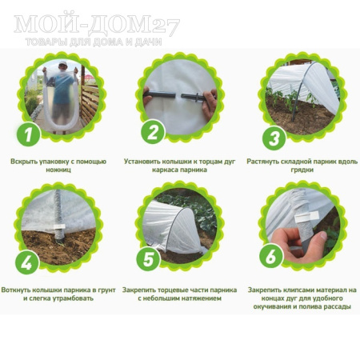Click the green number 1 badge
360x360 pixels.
click(29, 134)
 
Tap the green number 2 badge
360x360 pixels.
click(153, 132)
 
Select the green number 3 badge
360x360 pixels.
click(274, 138)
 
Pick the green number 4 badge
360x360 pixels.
click(26, 262)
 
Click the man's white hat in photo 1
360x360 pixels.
click(62, 63)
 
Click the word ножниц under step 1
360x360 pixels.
click(58, 170)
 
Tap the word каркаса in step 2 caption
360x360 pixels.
click(165, 170)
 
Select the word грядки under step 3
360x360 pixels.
click(302, 170)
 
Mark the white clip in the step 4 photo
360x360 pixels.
click(59, 226)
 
